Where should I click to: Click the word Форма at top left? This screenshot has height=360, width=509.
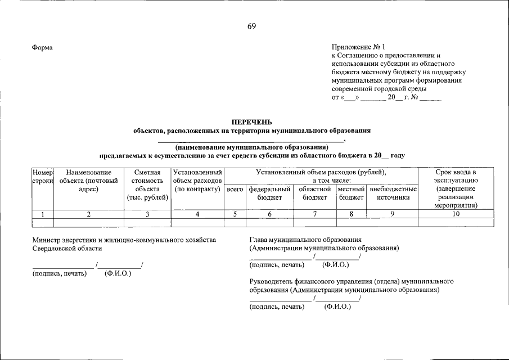[43, 48]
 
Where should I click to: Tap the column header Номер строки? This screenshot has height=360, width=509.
[43, 176]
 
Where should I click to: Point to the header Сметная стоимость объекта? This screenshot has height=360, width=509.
[147, 184]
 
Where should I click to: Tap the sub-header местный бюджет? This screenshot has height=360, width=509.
[352, 193]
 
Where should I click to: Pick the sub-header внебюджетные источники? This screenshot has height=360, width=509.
[393, 193]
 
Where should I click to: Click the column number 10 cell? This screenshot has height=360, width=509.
[456, 214]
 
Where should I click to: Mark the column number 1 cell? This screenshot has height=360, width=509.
[43, 214]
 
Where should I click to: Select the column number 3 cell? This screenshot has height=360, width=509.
[147, 214]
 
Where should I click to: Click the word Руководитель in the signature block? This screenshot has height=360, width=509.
[272, 280]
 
